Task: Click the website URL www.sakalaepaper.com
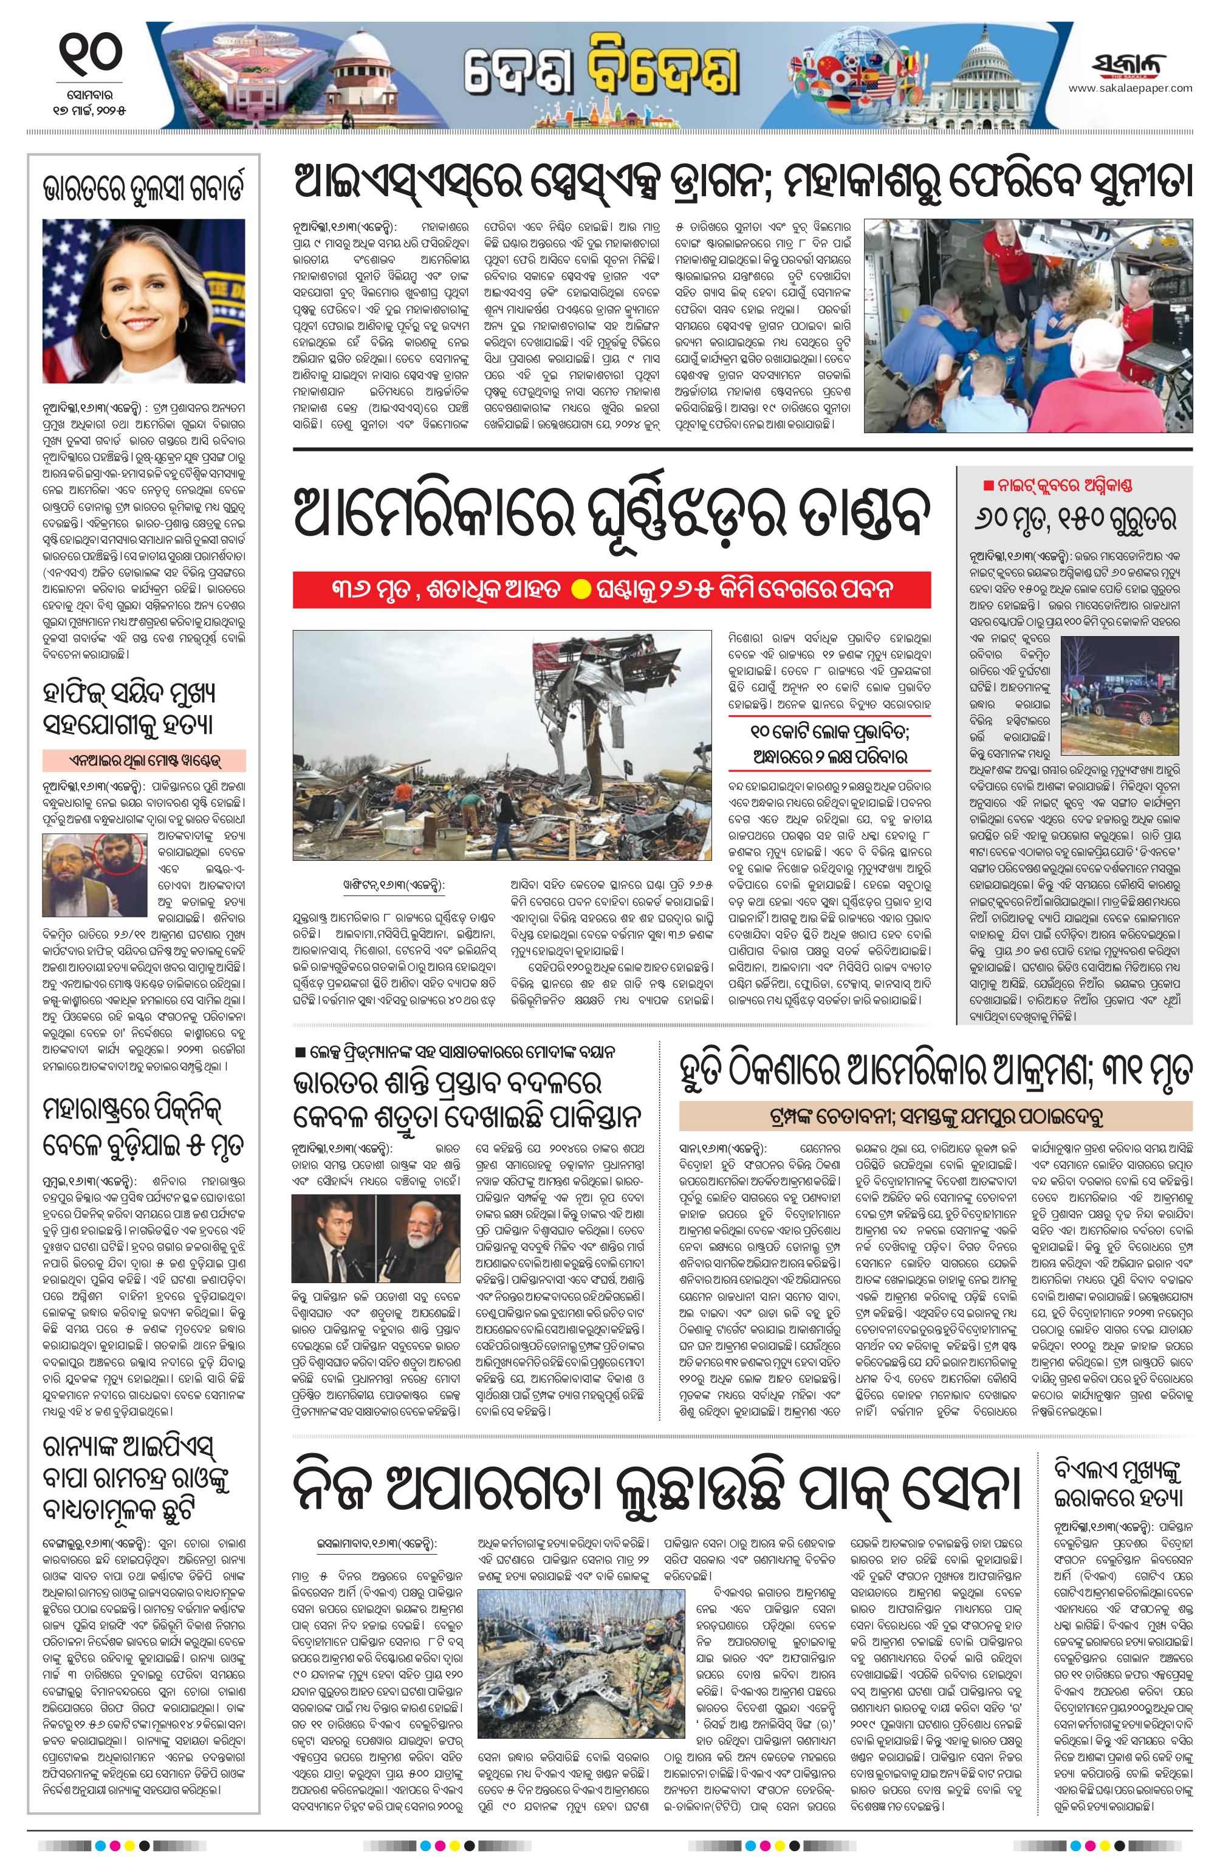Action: tap(1129, 88)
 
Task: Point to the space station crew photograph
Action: tap(1029, 325)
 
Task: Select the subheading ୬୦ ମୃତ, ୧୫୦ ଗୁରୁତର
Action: tap(1074, 519)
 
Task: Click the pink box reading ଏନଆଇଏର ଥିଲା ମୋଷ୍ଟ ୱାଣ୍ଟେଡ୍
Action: tap(145, 760)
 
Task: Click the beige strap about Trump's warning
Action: tap(936, 1115)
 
